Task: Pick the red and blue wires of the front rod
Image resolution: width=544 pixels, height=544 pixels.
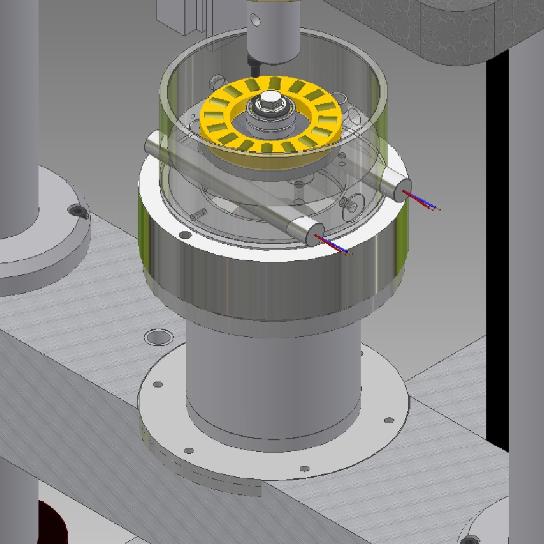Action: [x=334, y=245]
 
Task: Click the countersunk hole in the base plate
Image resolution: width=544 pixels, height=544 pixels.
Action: [x=158, y=337]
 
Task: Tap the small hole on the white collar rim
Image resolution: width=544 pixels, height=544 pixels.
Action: [x=184, y=235]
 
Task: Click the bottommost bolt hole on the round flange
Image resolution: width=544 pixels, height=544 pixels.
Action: [x=304, y=469]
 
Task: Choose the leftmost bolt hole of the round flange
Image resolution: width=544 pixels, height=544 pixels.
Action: [x=158, y=385]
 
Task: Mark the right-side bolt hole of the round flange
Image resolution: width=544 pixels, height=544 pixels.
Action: [x=390, y=420]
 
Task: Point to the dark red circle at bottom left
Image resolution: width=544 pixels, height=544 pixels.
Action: [x=51, y=524]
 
